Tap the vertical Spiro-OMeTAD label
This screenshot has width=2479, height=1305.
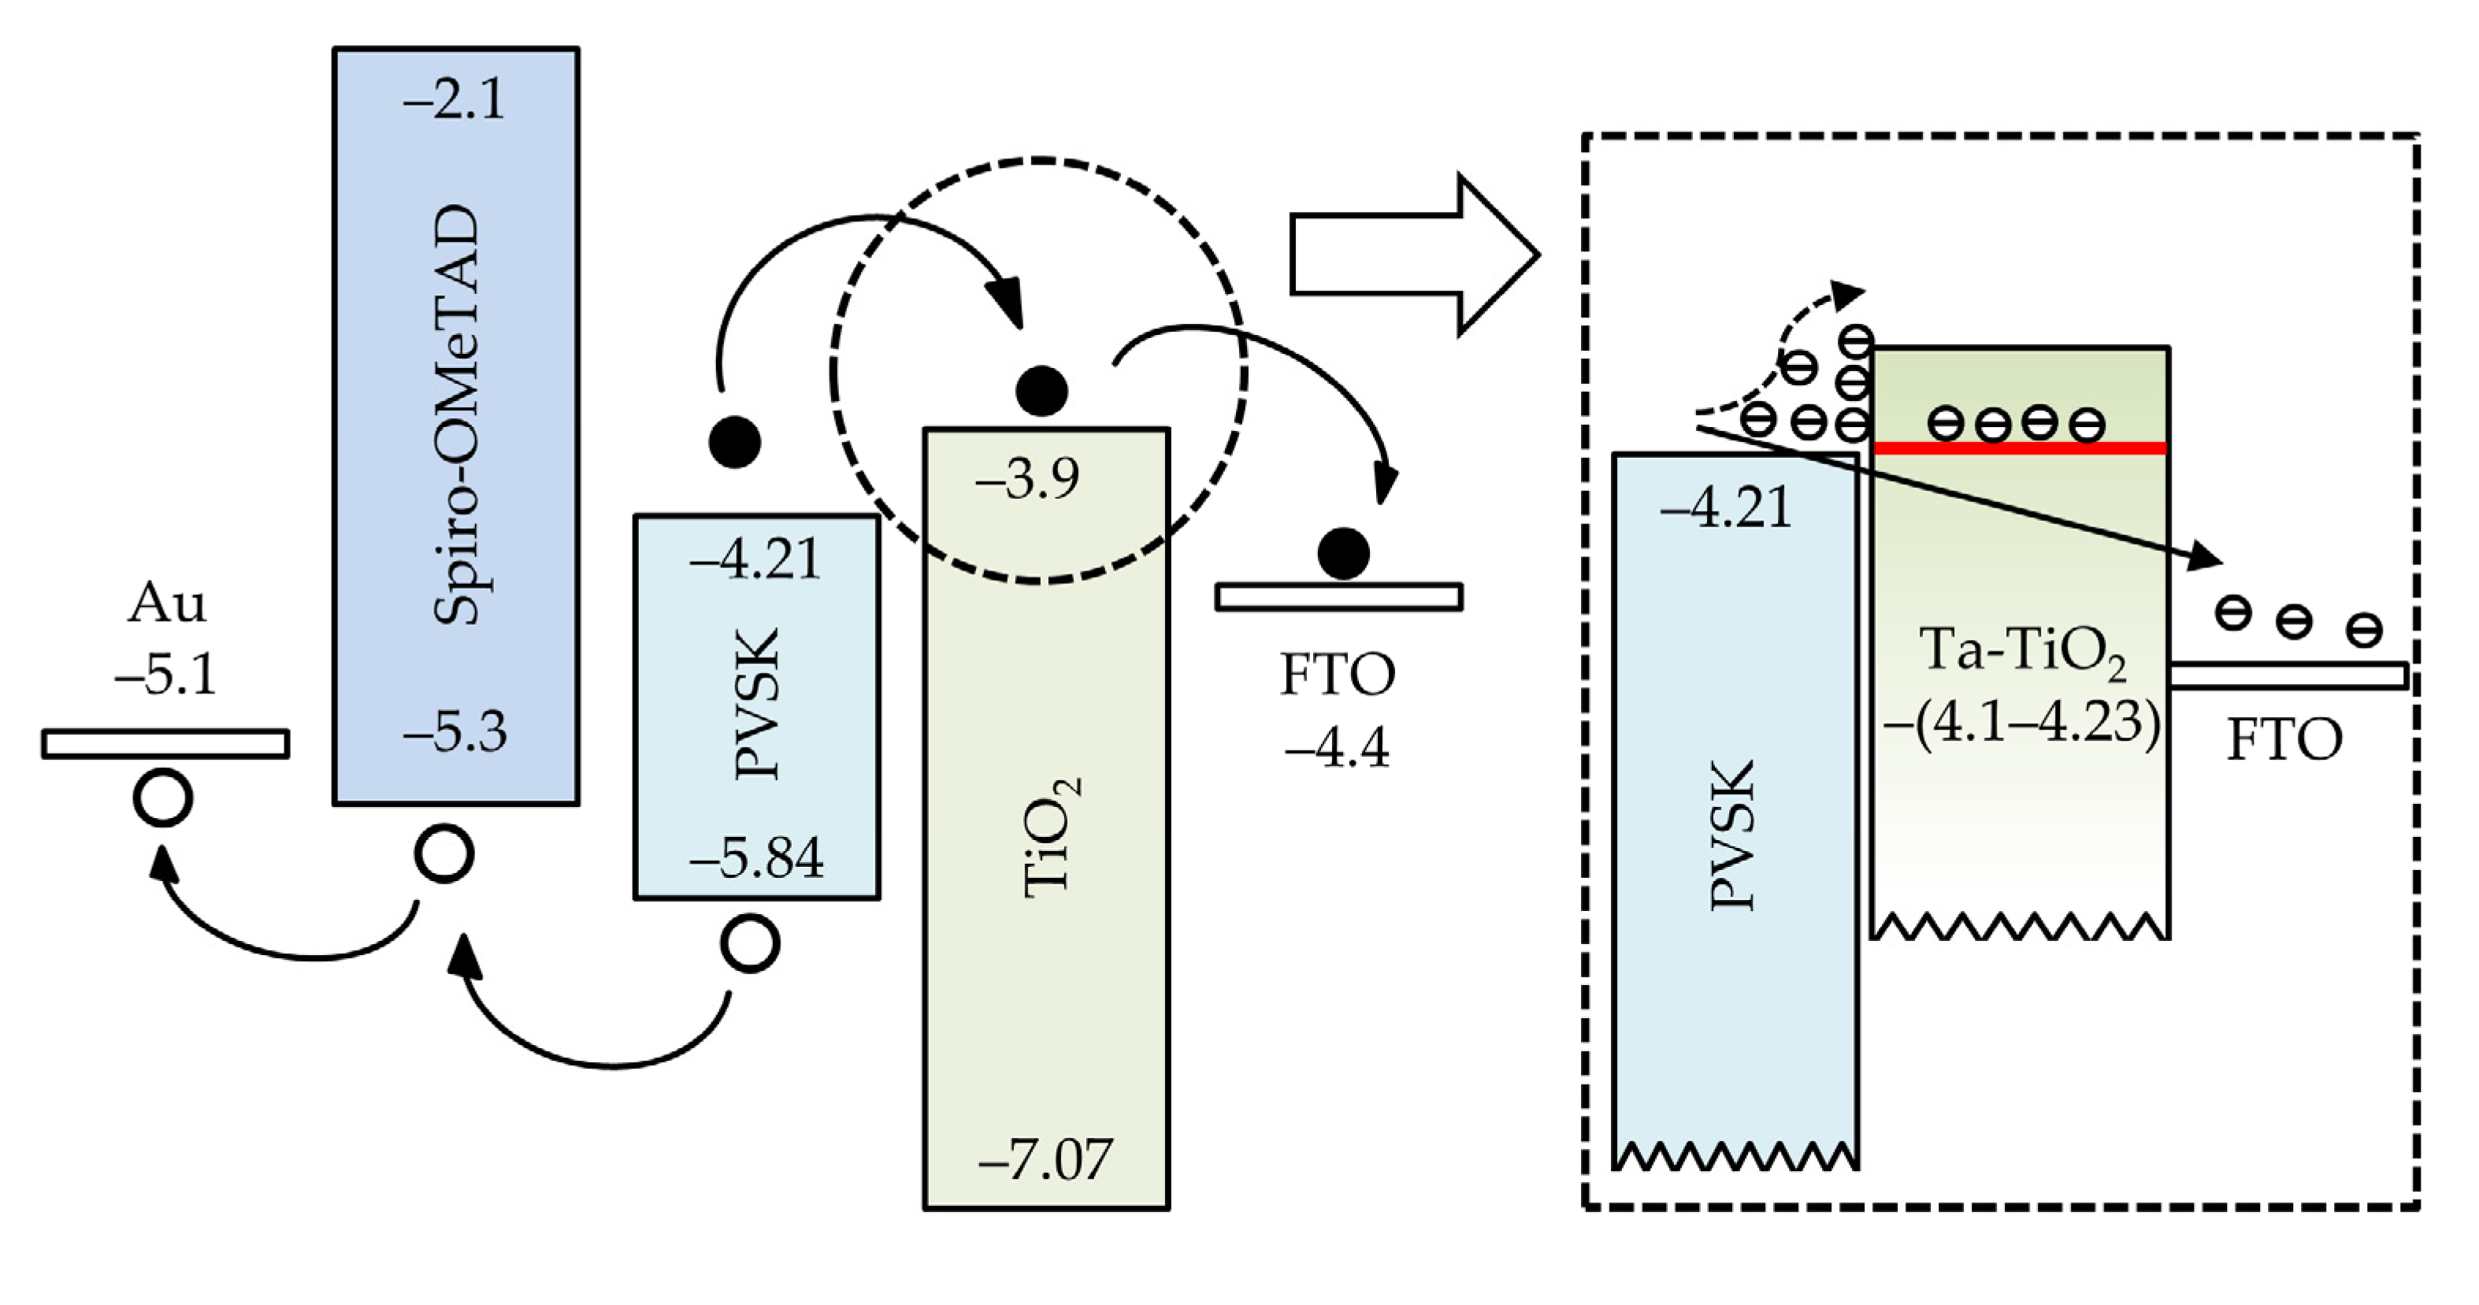pyautogui.click(x=456, y=415)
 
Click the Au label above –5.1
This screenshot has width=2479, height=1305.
pyautogui.click(x=166, y=604)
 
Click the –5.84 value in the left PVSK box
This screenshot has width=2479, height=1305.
pyautogui.click(x=756, y=857)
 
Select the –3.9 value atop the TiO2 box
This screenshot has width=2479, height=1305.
pyautogui.click(x=1028, y=478)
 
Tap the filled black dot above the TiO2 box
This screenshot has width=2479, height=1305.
pyautogui.click(x=1041, y=391)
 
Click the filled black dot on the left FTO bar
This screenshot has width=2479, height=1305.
pyautogui.click(x=1342, y=553)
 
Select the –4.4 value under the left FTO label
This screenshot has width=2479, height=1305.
pyautogui.click(x=1338, y=748)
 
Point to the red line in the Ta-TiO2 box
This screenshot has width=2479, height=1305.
pyautogui.click(x=2021, y=448)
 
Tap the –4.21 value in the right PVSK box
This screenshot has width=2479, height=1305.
pyautogui.click(x=1727, y=507)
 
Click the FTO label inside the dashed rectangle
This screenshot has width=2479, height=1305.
pyautogui.click(x=2284, y=741)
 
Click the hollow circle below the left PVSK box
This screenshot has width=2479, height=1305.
pyautogui.click(x=751, y=944)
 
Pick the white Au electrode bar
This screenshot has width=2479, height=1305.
pyautogui.click(x=165, y=744)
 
